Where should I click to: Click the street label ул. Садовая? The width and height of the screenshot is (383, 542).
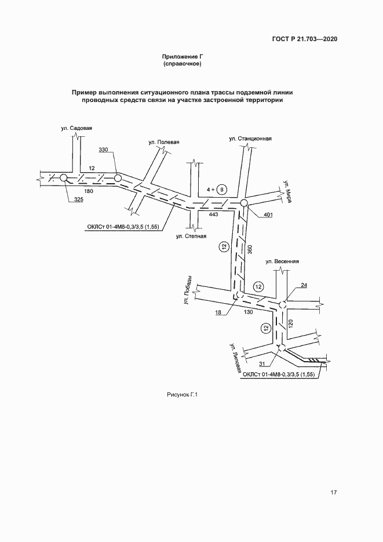[76, 128]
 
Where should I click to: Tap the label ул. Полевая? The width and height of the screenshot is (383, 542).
[164, 142]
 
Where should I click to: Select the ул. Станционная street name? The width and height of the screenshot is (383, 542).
[250, 139]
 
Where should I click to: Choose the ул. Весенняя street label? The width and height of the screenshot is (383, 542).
[282, 261]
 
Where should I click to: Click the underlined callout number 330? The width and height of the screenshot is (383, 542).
[104, 150]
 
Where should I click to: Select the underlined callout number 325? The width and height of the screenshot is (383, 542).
[79, 200]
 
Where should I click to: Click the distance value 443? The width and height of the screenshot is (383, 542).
[213, 215]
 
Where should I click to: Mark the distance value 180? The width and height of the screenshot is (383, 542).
[89, 191]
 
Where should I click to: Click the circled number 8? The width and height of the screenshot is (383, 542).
[223, 190]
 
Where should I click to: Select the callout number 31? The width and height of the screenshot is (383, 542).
[262, 364]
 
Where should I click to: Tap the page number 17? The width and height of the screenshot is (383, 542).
[334, 493]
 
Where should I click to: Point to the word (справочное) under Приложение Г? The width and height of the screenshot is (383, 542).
[183, 64]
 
